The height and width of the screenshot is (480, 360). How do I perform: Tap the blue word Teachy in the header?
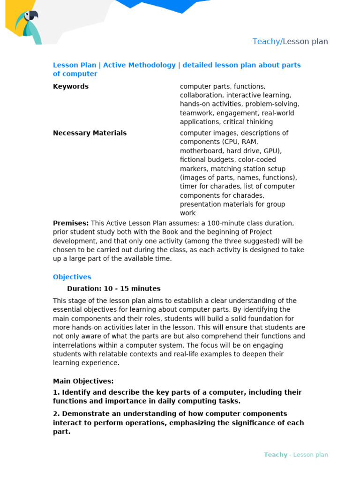pos(266,41)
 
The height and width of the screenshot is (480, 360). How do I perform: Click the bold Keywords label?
pos(71,86)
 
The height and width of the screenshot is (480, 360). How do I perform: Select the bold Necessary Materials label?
pos(90,133)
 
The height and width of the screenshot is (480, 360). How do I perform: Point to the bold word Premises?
pos(70,223)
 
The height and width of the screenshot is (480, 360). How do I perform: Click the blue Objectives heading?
pos(72,277)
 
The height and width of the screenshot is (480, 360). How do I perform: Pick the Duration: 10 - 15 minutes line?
pos(113,289)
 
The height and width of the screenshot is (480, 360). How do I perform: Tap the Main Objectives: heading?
pos(83,381)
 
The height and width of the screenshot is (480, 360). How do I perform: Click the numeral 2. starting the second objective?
pos(56,413)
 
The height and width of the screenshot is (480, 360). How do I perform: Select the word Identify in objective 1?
pos(77,392)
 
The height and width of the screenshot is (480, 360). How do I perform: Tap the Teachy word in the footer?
pos(275,455)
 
